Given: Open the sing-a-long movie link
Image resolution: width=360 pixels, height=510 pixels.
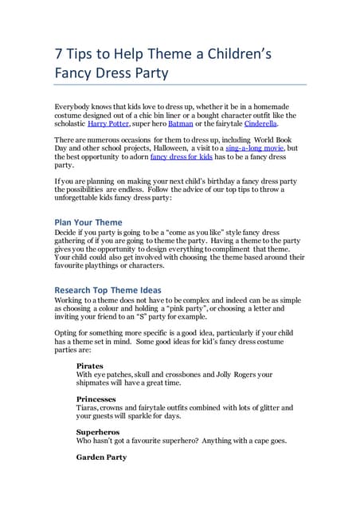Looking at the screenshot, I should [255, 148].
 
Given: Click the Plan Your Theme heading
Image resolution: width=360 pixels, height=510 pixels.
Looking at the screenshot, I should [88, 222].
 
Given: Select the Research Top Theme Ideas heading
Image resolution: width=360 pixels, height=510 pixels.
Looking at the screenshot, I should [108, 289].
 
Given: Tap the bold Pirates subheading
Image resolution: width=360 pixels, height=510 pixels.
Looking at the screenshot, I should [90, 366].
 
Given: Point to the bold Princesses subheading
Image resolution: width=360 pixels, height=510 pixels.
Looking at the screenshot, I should [96, 398].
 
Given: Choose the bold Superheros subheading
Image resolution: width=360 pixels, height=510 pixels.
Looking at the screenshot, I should [97, 431].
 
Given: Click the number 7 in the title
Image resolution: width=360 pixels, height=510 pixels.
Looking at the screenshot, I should [58, 55].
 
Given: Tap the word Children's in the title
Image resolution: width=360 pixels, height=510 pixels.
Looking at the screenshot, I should [235, 55].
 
